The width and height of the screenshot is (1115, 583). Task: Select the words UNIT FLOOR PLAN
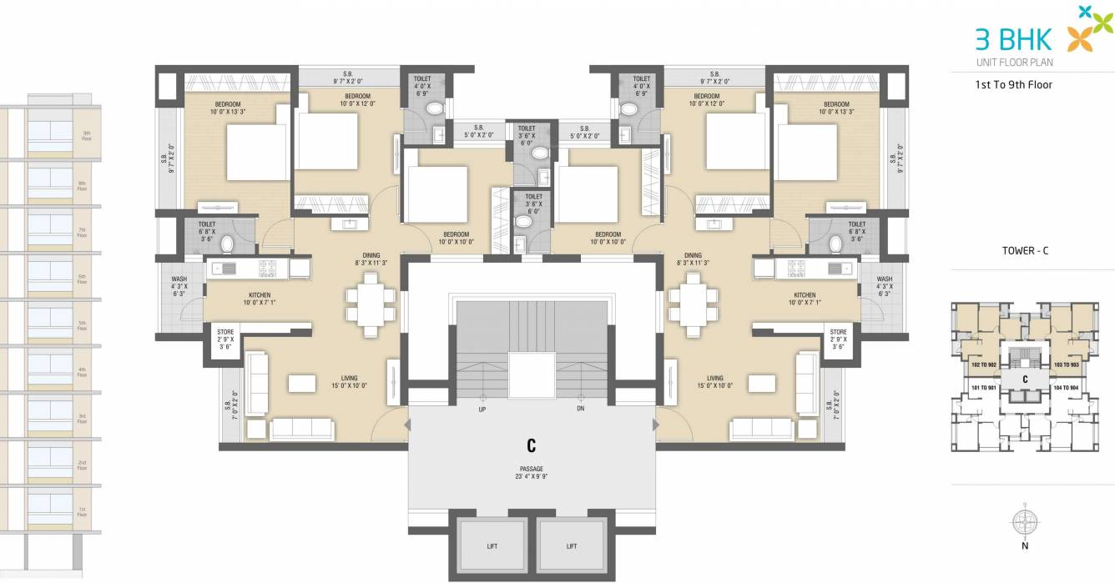(x=1012, y=62)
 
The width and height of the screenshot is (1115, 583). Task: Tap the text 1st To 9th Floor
(x=1014, y=84)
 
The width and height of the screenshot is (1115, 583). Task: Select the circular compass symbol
(x=1024, y=522)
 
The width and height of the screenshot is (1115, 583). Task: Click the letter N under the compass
(x=1025, y=546)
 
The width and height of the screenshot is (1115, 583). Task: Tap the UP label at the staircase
(x=482, y=410)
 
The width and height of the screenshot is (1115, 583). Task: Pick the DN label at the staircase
(x=581, y=410)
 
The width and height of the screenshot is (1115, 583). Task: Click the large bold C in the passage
(x=531, y=445)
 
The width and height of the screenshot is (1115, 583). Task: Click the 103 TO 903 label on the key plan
(x=1066, y=365)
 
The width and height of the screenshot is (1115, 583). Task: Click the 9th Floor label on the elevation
(x=85, y=135)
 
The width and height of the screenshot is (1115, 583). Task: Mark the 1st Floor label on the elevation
(x=83, y=510)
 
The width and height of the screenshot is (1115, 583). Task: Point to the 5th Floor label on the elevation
(x=83, y=324)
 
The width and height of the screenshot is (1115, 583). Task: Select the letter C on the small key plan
(x=1024, y=378)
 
